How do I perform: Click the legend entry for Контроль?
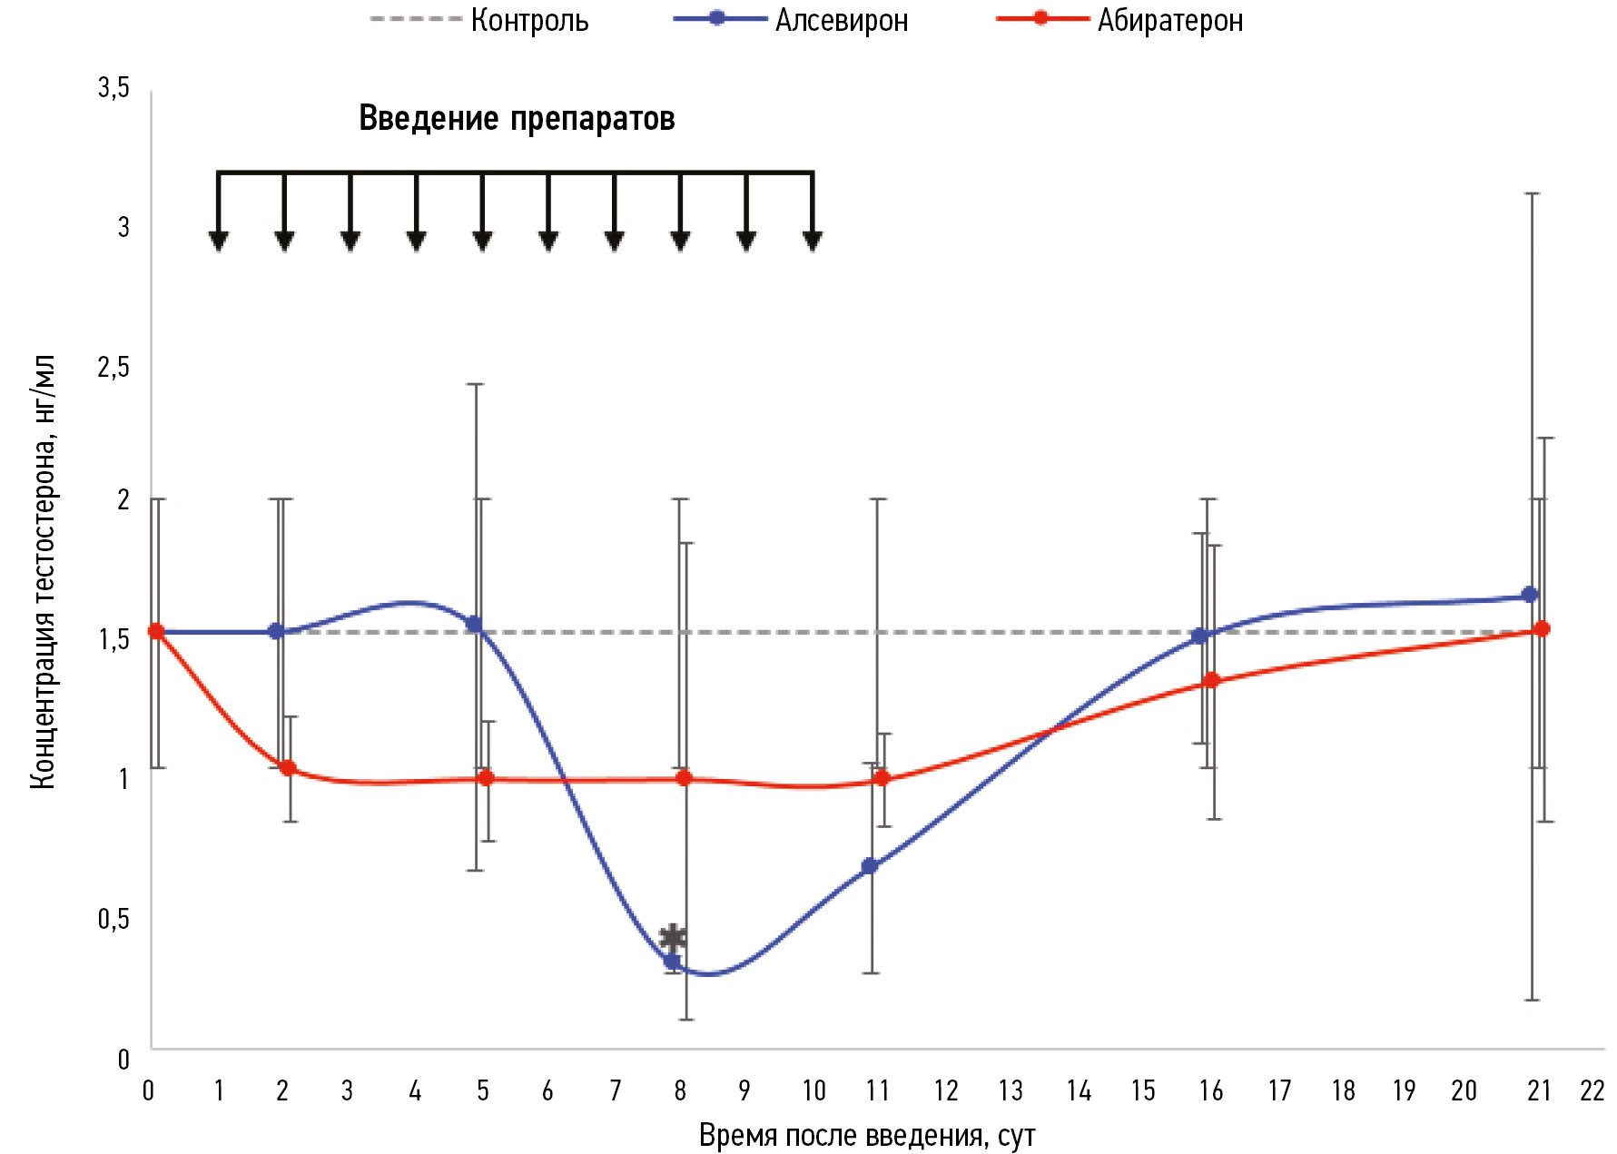click(528, 20)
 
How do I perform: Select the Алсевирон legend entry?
click(841, 20)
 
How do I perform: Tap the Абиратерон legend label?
click(1169, 20)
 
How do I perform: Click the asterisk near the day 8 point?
click(673, 937)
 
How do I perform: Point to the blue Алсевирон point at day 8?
click(672, 962)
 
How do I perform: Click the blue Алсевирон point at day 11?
click(870, 866)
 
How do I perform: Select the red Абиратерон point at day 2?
click(288, 768)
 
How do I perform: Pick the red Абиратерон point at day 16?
click(1211, 681)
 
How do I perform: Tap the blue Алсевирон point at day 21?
click(1530, 595)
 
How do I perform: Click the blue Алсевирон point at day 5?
click(474, 625)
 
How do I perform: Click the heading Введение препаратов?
click(517, 119)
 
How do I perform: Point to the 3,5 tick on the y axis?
click(113, 88)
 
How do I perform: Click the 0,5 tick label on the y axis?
click(113, 919)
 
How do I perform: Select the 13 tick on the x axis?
click(1011, 1090)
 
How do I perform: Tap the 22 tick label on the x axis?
click(1592, 1090)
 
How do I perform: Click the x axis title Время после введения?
click(866, 1136)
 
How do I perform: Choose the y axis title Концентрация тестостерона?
click(44, 571)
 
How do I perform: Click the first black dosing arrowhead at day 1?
click(218, 240)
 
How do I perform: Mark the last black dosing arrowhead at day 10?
click(813, 240)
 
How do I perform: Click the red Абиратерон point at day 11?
click(881, 779)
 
